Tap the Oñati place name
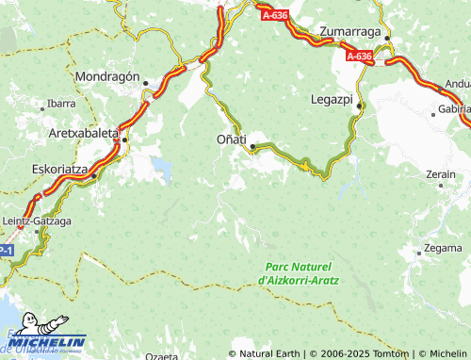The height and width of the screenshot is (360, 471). coord(221,139)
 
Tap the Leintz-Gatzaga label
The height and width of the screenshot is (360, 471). coord(38,221)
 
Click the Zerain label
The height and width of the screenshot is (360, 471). coord(441,174)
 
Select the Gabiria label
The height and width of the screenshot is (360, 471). coord(454,109)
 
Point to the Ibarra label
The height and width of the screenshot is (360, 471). coord(61,103)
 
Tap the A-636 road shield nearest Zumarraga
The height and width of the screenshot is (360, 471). coord(359,57)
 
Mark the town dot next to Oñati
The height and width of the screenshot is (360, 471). coord(252,146)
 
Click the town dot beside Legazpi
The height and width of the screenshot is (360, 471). coord(358,107)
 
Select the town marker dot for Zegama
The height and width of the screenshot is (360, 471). coord(419,253)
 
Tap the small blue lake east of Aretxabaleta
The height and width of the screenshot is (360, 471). coord(164,170)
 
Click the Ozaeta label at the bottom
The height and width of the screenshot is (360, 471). coord(162,356)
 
